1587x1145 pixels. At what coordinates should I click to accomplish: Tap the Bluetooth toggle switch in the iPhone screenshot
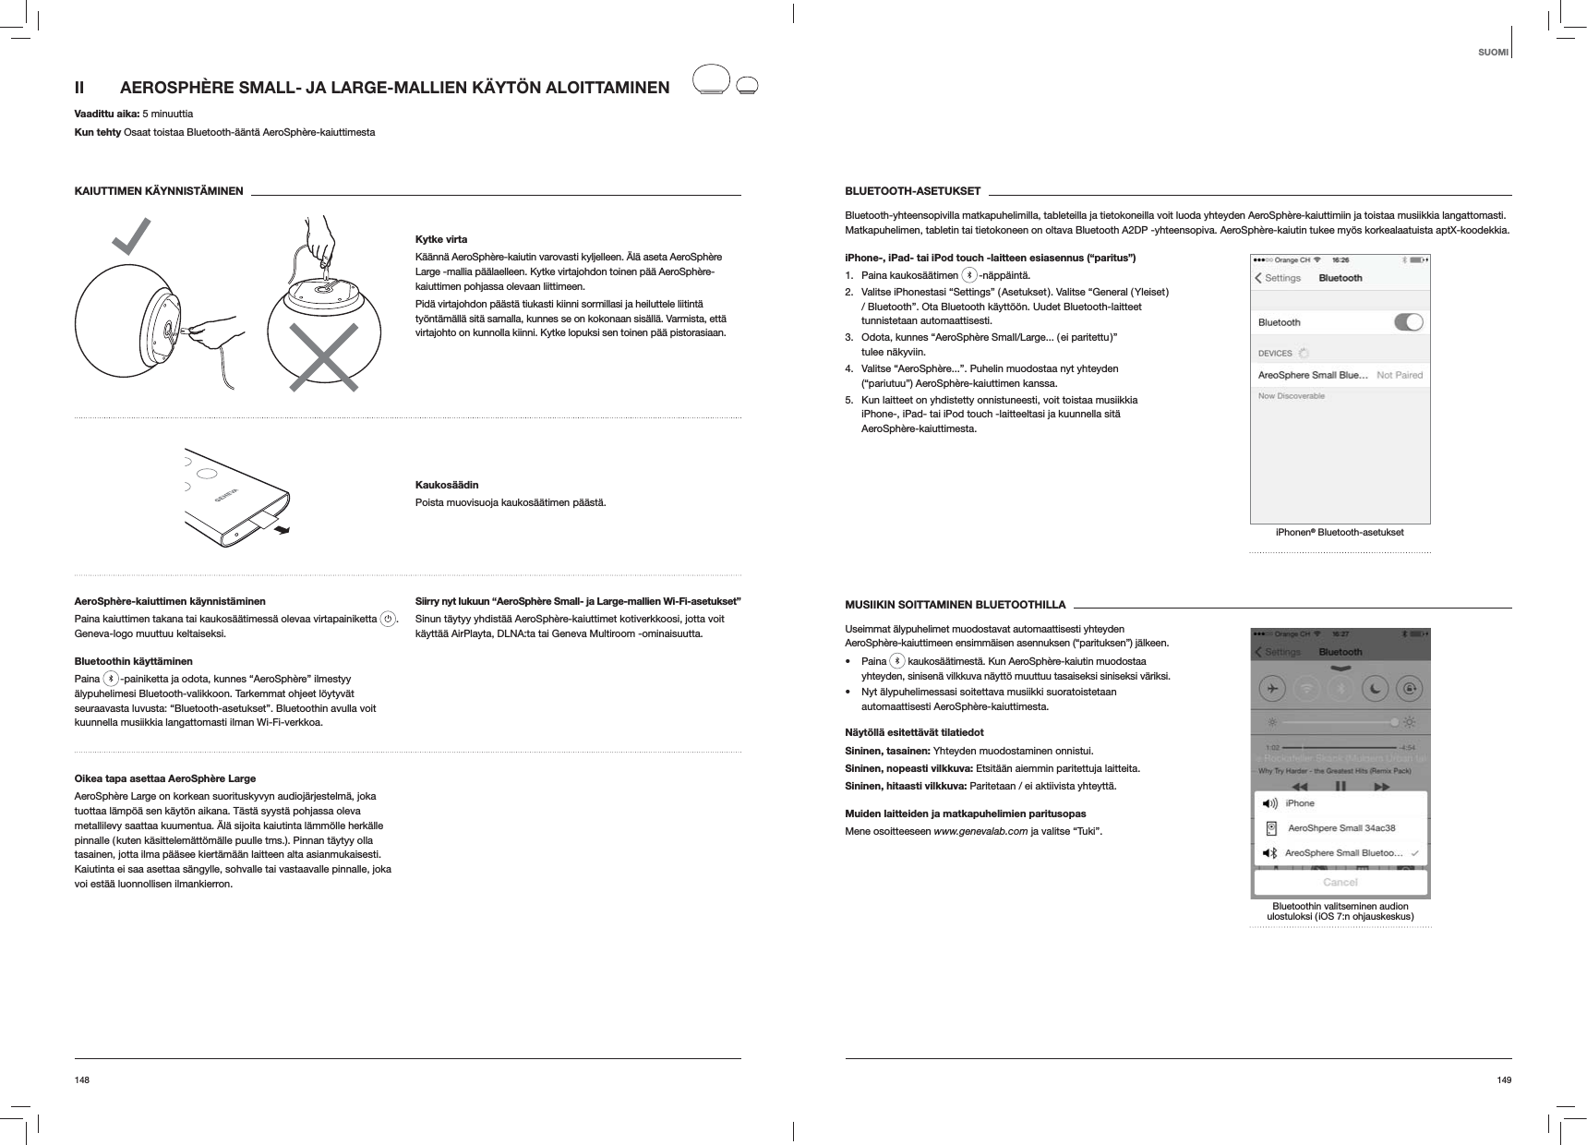point(1408,322)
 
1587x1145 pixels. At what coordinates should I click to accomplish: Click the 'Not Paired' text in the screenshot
point(1400,375)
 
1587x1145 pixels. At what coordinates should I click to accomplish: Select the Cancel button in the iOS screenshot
point(1340,882)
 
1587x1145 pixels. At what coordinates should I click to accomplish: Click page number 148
point(82,1079)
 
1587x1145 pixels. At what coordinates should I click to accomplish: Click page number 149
point(1504,1079)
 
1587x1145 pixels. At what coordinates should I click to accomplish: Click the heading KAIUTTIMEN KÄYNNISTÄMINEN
point(159,191)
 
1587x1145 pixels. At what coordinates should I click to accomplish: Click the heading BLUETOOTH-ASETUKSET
point(912,191)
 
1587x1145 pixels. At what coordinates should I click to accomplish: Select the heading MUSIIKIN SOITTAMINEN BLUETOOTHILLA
point(956,605)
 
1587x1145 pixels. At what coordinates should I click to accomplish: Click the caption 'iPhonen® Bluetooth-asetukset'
point(1339,532)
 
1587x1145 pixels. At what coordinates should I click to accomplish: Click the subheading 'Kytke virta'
point(441,239)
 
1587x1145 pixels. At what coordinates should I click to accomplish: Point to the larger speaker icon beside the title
point(712,79)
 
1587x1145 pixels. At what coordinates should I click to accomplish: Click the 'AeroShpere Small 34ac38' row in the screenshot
point(1341,828)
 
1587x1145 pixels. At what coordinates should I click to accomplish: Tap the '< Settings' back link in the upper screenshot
point(1278,278)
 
